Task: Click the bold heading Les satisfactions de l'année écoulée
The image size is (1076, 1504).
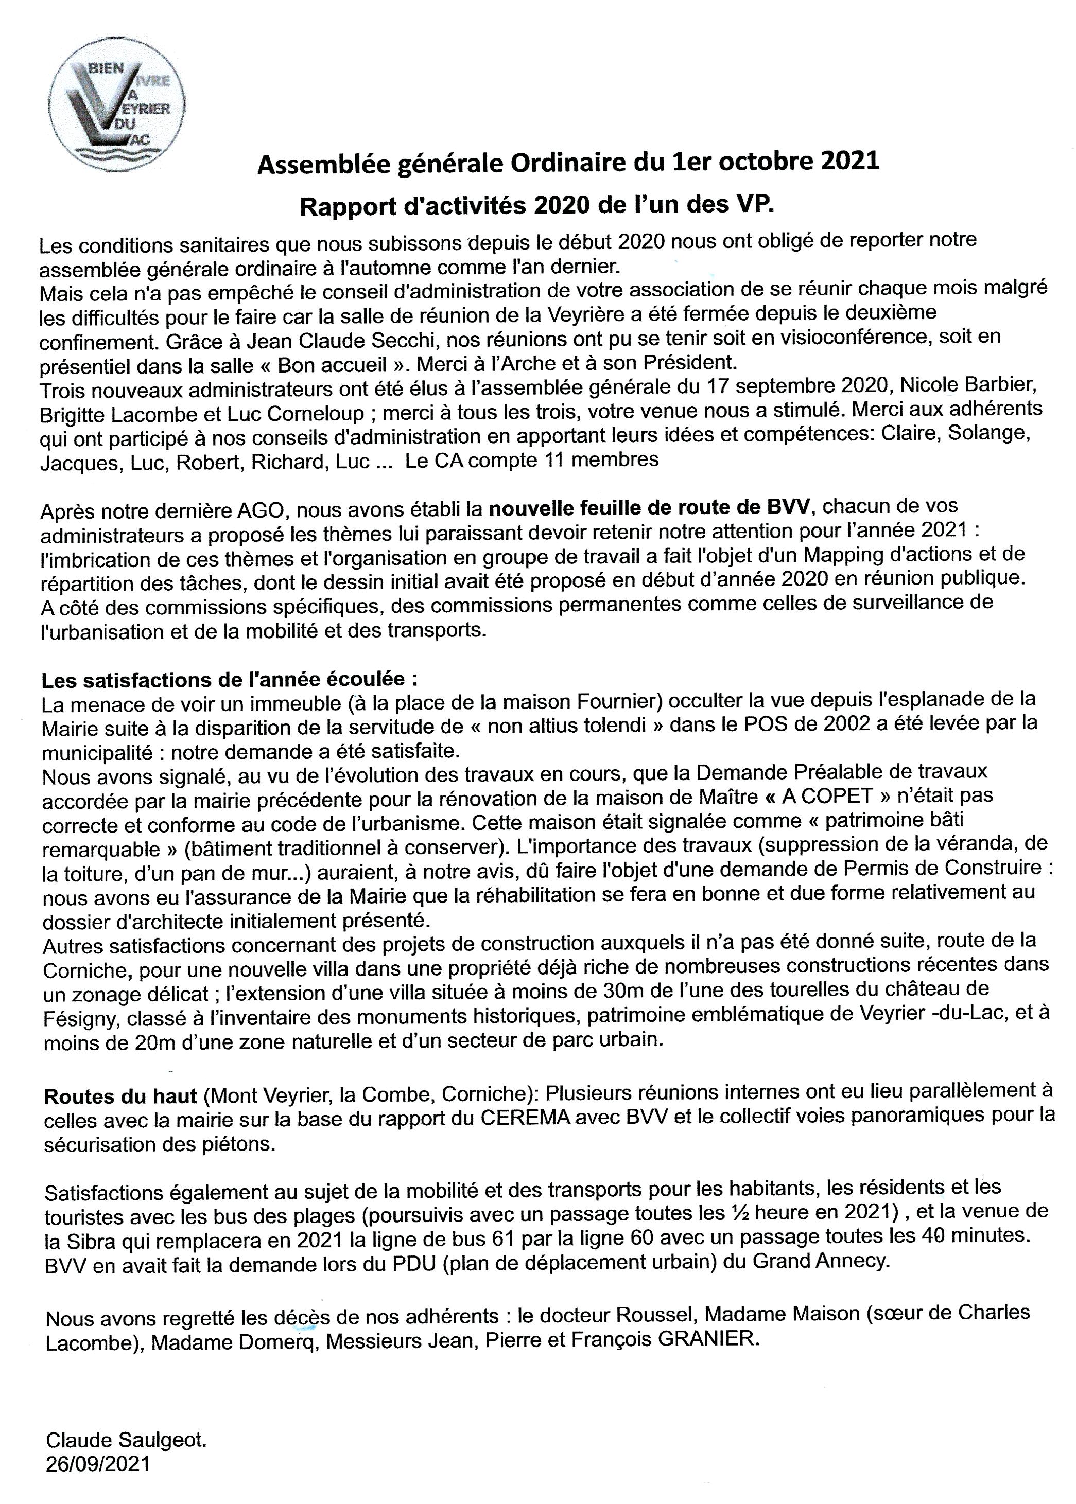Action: tap(230, 680)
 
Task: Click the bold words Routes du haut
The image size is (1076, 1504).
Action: tap(120, 1096)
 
